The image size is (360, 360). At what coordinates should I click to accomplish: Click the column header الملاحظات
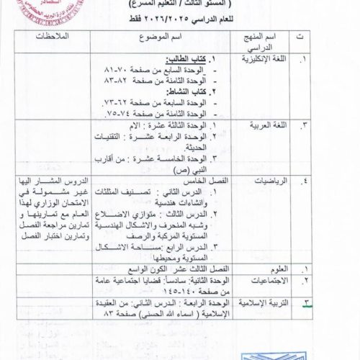[x=53, y=37]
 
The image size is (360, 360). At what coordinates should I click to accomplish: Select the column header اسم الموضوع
[x=179, y=37]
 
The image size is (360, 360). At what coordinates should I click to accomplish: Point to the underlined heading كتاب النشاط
[x=189, y=94]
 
